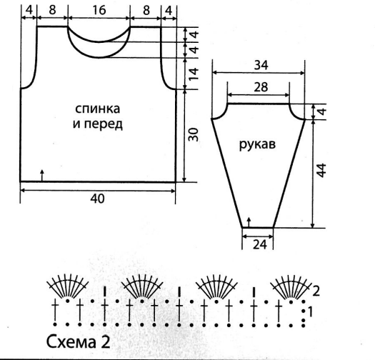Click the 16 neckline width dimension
99,10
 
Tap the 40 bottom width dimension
97,199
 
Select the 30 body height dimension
194,134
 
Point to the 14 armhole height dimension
194,74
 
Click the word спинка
97,109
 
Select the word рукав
257,144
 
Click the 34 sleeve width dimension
261,65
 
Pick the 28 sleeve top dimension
261,87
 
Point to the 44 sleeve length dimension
321,170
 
